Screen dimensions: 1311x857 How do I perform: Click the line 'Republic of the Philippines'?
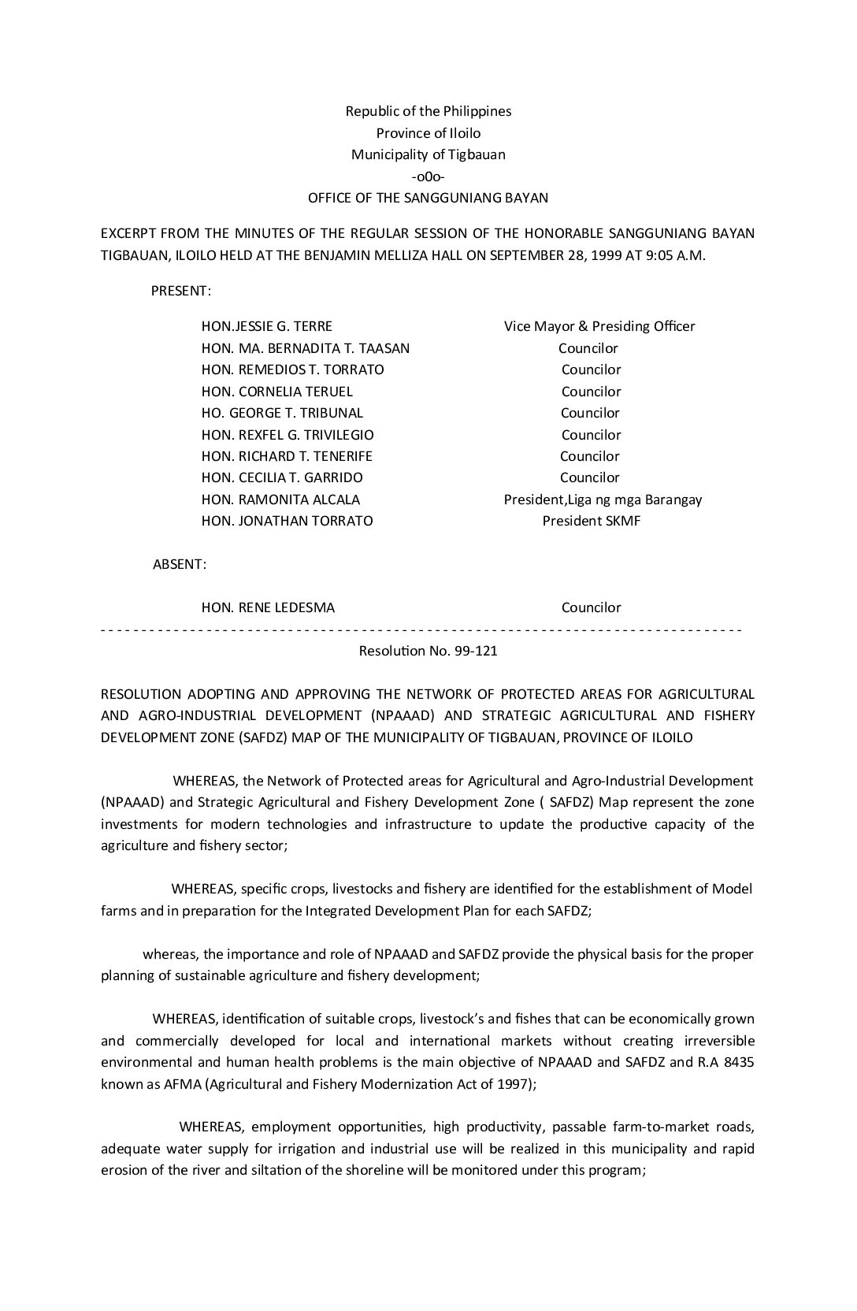tap(428, 111)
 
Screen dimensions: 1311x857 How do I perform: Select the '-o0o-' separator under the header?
tap(428, 176)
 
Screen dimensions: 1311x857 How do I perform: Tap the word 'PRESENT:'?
tap(180, 291)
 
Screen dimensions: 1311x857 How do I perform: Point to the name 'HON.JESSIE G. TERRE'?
tap(266, 326)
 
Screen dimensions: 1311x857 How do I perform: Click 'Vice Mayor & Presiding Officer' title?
tap(599, 326)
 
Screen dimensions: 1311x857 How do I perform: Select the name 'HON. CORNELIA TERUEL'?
tap(276, 392)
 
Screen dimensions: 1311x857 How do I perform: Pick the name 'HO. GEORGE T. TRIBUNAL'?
tap(282, 413)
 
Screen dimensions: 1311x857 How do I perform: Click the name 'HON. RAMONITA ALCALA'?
tap(280, 500)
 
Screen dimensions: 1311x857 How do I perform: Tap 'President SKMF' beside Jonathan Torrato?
tap(591, 521)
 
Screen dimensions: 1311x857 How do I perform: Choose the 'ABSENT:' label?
tap(180, 564)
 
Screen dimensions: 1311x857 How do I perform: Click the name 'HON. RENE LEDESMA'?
tap(268, 607)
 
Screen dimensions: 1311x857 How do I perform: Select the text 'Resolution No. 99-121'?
tap(428, 651)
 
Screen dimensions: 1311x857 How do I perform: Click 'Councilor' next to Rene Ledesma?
tap(591, 607)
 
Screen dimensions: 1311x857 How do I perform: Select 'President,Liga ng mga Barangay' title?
tap(603, 500)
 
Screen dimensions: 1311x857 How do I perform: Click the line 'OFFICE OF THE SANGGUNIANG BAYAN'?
tap(428, 198)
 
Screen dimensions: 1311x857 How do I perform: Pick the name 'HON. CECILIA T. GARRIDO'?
tap(282, 477)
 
